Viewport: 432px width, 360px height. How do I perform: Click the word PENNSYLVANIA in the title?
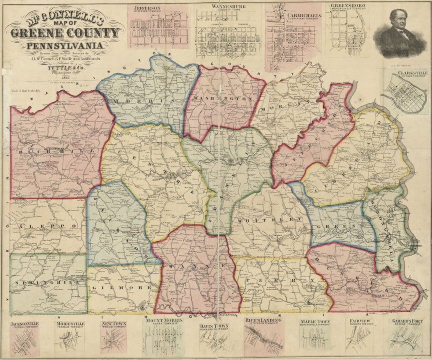[x=64, y=46]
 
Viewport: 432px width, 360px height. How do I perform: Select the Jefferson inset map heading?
[x=148, y=8]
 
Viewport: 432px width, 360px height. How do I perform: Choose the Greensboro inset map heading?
[x=349, y=6]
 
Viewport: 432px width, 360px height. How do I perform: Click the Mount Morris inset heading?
[x=164, y=320]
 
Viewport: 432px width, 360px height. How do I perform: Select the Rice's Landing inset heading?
[x=264, y=320]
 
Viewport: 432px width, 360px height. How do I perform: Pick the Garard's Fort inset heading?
[x=405, y=320]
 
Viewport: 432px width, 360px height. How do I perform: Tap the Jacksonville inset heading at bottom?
[x=24, y=324]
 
